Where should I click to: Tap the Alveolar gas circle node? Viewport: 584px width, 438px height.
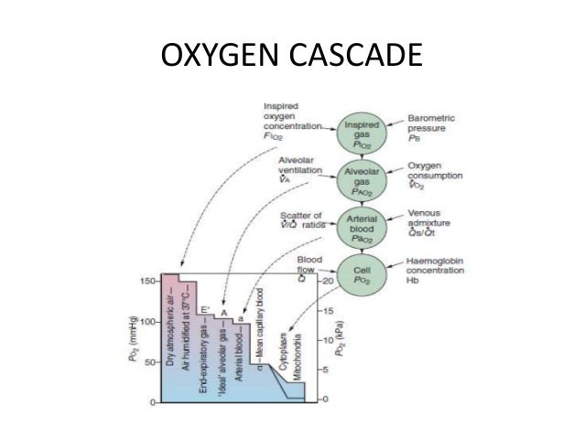tap(361, 176)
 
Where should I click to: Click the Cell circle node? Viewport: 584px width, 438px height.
tap(361, 272)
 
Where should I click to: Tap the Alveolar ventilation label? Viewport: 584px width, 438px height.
tap(297, 168)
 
